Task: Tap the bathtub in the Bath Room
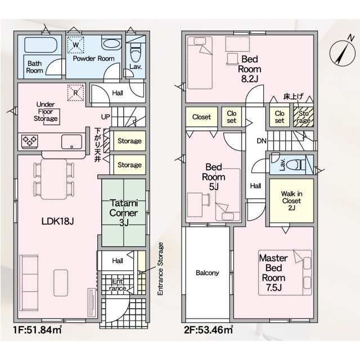[x=40, y=45]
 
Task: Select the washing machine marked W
[x=75, y=44]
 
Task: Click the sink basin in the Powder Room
[x=111, y=44]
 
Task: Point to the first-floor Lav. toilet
[x=136, y=55]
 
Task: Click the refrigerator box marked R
[x=75, y=92]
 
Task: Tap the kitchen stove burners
[x=30, y=141]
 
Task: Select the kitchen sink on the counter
[x=71, y=142]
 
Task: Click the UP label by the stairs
[x=105, y=117]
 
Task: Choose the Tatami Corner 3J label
[x=124, y=213]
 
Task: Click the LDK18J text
[x=57, y=221]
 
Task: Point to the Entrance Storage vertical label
[x=160, y=269]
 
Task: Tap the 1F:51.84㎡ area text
[x=38, y=330]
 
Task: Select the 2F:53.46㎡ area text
[x=209, y=330]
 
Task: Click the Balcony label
[x=208, y=273]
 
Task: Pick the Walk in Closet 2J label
[x=291, y=201]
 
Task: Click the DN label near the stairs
[x=262, y=141]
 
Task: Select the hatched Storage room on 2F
[x=304, y=117]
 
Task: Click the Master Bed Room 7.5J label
[x=274, y=273]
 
